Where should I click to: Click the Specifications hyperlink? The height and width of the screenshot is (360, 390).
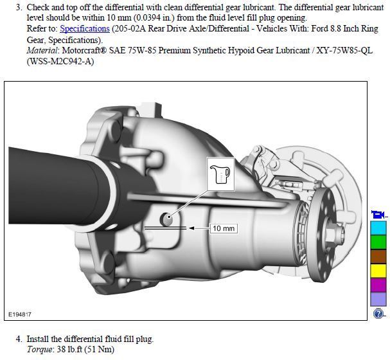(x=85, y=29)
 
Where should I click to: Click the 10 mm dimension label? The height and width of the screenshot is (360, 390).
(x=224, y=228)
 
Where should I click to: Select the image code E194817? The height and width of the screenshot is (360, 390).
(x=21, y=315)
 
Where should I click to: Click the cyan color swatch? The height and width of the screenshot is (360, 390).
(x=378, y=228)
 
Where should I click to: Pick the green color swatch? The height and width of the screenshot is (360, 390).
(x=378, y=242)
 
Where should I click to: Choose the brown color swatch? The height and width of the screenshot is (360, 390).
(x=378, y=256)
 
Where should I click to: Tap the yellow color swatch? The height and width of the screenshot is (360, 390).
(x=378, y=270)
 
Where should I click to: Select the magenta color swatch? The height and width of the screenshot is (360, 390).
(x=378, y=284)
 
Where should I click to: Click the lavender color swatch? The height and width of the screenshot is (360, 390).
(x=378, y=298)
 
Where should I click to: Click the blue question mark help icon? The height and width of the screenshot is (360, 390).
(x=378, y=314)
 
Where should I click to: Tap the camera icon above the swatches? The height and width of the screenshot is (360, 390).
(x=378, y=214)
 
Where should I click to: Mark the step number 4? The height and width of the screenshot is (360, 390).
(x=19, y=339)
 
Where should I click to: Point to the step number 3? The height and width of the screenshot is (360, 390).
(x=19, y=7)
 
